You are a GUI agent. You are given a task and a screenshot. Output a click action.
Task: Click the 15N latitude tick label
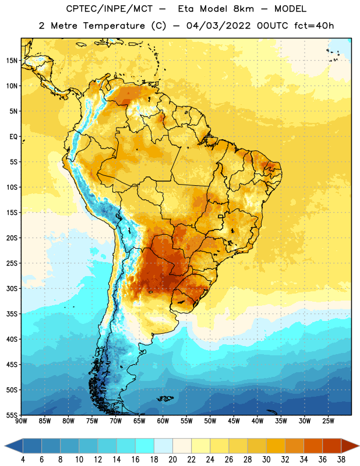[12, 61]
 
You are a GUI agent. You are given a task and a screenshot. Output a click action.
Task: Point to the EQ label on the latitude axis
[13, 137]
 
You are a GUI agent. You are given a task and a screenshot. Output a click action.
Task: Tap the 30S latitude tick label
[12, 288]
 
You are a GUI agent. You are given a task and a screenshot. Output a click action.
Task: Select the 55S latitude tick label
[12, 415]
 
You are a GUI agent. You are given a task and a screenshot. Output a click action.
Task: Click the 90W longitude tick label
[22, 421]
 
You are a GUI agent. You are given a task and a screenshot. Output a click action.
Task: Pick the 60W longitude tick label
[163, 421]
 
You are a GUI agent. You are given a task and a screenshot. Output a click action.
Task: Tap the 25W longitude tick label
[328, 421]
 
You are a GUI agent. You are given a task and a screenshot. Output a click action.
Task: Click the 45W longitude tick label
[234, 421]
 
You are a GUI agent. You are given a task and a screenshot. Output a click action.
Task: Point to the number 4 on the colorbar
[23, 460]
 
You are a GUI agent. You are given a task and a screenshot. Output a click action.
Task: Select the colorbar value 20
[172, 460]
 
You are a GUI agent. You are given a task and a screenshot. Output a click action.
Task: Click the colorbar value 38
[341, 460]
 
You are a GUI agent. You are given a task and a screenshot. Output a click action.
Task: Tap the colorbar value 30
[266, 460]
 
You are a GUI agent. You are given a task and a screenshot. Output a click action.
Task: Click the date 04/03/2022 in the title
[218, 26]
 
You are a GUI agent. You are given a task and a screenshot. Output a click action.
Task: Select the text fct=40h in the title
[314, 26]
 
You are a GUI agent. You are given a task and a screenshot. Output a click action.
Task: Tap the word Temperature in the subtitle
[114, 26]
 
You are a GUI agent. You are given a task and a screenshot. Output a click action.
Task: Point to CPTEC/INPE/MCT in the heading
[110, 9]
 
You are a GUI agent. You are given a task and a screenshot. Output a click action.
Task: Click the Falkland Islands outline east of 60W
[165, 398]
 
